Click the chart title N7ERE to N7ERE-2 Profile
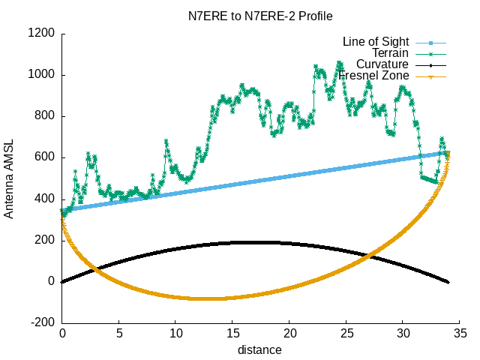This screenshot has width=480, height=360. pyautogui.click(x=260, y=15)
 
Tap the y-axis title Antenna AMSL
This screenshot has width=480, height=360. pyautogui.click(x=9, y=178)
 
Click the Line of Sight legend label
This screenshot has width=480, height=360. pyautogui.click(x=375, y=40)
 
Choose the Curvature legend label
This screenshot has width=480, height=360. pyautogui.click(x=382, y=64)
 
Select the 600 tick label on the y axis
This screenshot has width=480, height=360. pyautogui.click(x=46, y=157)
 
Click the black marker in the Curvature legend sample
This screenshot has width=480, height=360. pyautogui.click(x=431, y=65)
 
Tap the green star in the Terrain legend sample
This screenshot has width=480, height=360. pyautogui.click(x=431, y=53)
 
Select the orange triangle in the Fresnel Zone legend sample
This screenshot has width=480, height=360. pyautogui.click(x=431, y=76)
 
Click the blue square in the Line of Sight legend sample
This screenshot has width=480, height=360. pyautogui.click(x=431, y=41)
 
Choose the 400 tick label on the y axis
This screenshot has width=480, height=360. pyautogui.click(x=46, y=199)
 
